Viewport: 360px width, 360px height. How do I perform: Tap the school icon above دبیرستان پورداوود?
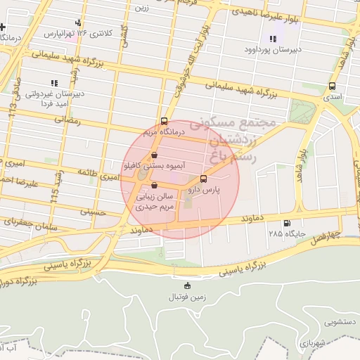click(x=273, y=38)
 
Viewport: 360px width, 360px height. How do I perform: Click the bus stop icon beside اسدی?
click(x=331, y=86)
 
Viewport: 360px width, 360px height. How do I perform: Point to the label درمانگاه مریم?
click(x=164, y=131)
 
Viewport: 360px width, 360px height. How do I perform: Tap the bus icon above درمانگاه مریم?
click(x=165, y=120)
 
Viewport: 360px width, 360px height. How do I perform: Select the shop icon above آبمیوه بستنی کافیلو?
click(x=155, y=155)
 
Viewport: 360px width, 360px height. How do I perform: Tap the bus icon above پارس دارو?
click(x=204, y=179)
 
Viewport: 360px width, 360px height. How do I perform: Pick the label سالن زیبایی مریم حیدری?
click(x=155, y=202)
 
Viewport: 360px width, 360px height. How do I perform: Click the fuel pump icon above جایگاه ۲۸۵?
click(x=286, y=224)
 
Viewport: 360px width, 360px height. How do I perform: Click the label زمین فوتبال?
click(x=187, y=296)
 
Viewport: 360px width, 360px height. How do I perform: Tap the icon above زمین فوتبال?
click(x=187, y=285)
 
